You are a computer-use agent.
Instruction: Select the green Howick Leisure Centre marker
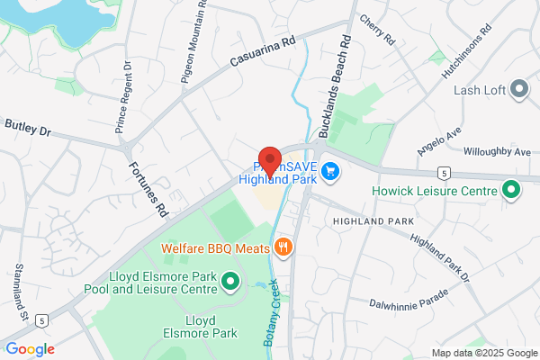[x=511, y=190]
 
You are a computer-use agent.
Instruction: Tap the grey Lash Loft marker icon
[x=518, y=88]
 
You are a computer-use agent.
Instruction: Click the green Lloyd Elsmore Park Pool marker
[x=229, y=283]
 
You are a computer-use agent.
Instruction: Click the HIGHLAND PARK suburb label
[x=372, y=220]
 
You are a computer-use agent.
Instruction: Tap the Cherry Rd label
[x=376, y=31]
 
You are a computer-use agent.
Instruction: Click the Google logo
[x=30, y=349]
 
